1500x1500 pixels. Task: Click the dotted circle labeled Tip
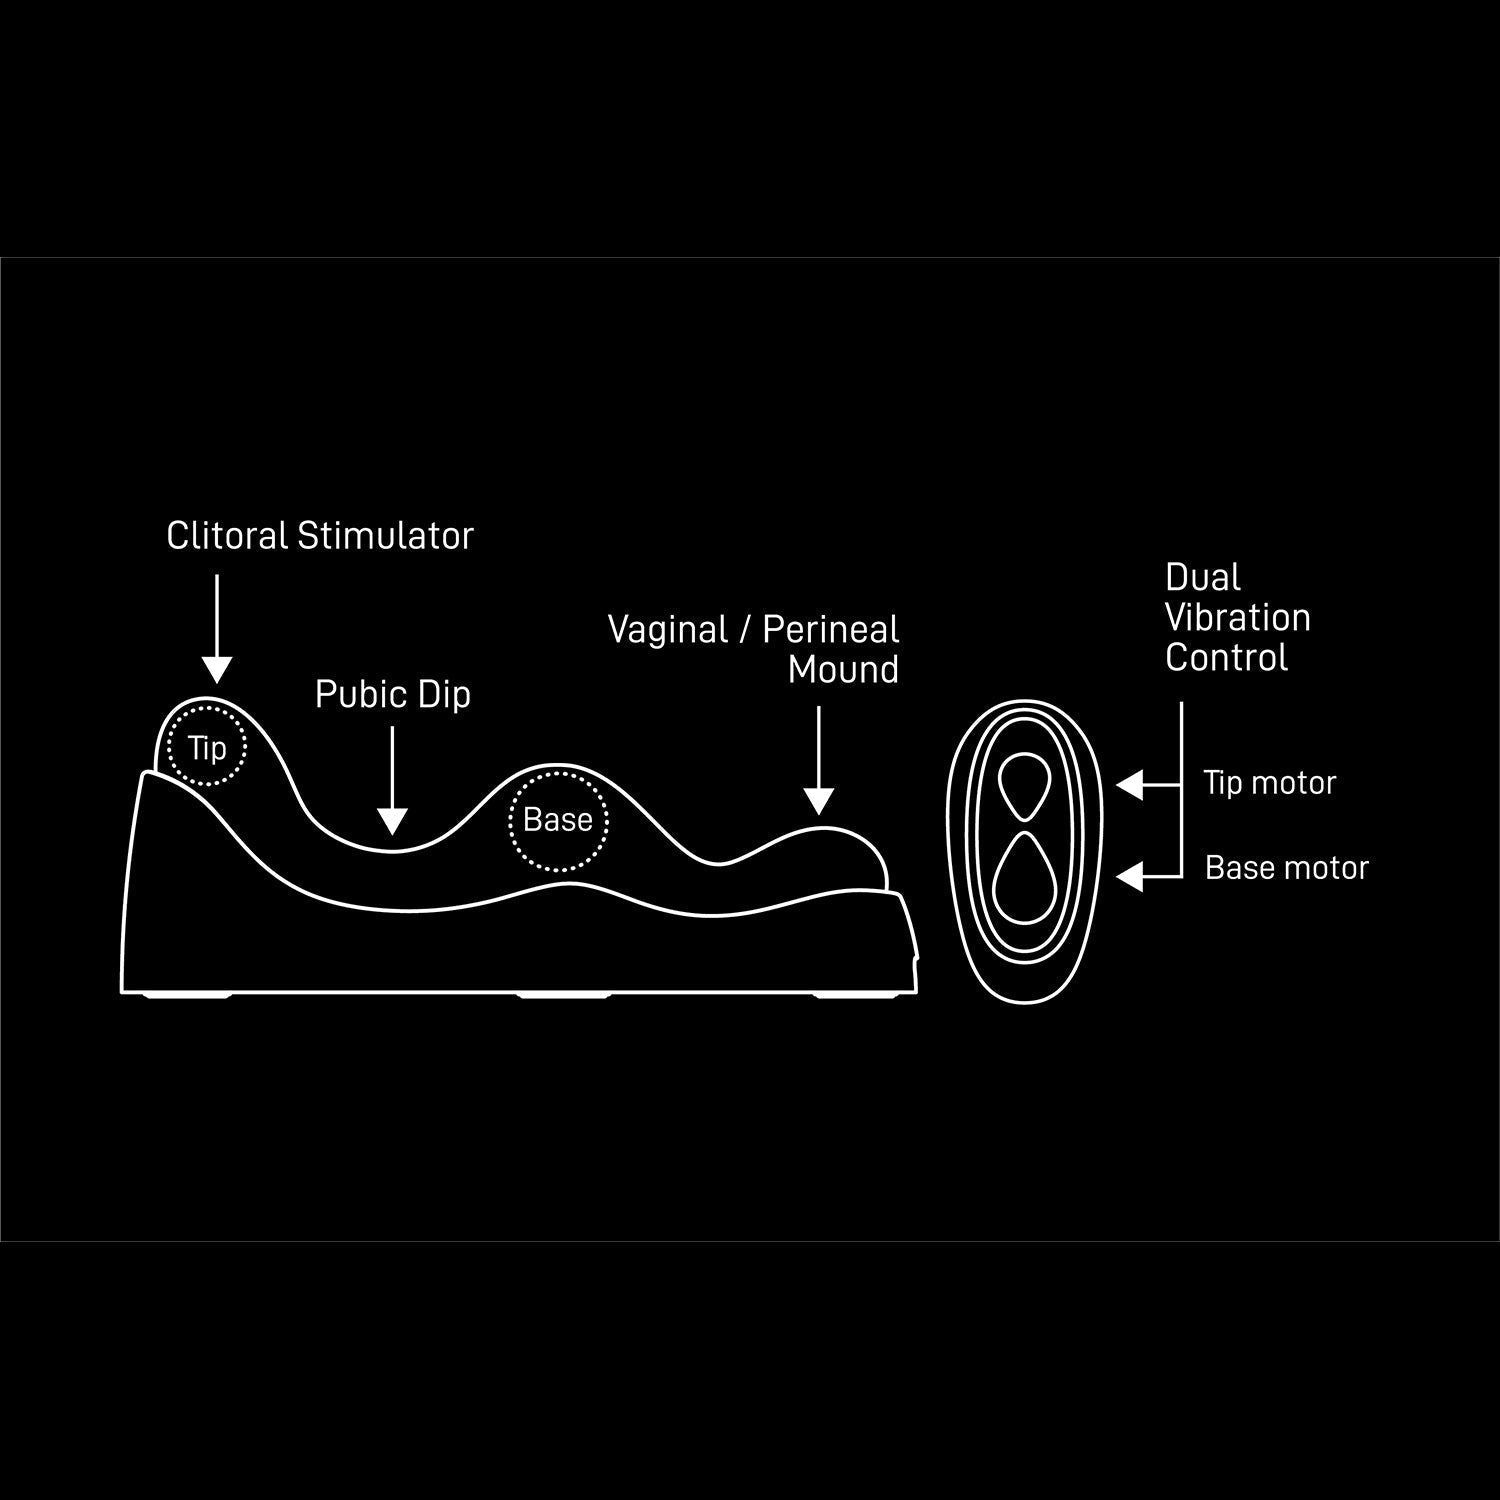point(207,746)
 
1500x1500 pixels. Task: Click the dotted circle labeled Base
point(558,820)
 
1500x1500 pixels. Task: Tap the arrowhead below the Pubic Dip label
point(393,821)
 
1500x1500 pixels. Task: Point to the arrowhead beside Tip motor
point(1131,785)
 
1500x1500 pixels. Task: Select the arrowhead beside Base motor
point(1131,877)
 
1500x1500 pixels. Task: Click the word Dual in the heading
point(1202,578)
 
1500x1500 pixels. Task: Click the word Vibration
point(1238,618)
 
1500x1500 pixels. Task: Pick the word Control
point(1226,658)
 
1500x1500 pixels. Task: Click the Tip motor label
point(1269,783)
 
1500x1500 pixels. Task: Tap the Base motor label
point(1286,868)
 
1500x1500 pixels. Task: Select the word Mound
point(843,670)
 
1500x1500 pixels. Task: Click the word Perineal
point(831,630)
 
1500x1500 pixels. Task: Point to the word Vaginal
point(668,630)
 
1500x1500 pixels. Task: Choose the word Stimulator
point(385,536)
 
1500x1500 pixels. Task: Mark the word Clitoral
point(227,536)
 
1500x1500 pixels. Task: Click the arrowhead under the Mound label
point(819,800)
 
